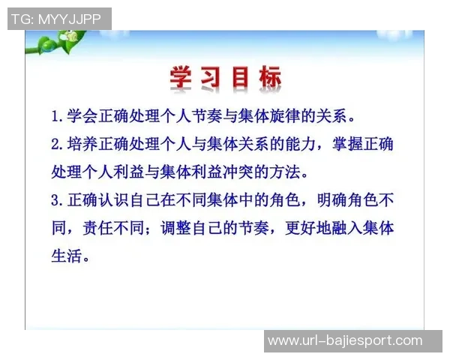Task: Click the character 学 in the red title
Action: point(182,78)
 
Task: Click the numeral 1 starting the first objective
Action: point(55,118)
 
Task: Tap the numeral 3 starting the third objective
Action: point(55,201)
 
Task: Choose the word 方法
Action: point(290,172)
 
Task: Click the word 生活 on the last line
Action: point(64,256)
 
